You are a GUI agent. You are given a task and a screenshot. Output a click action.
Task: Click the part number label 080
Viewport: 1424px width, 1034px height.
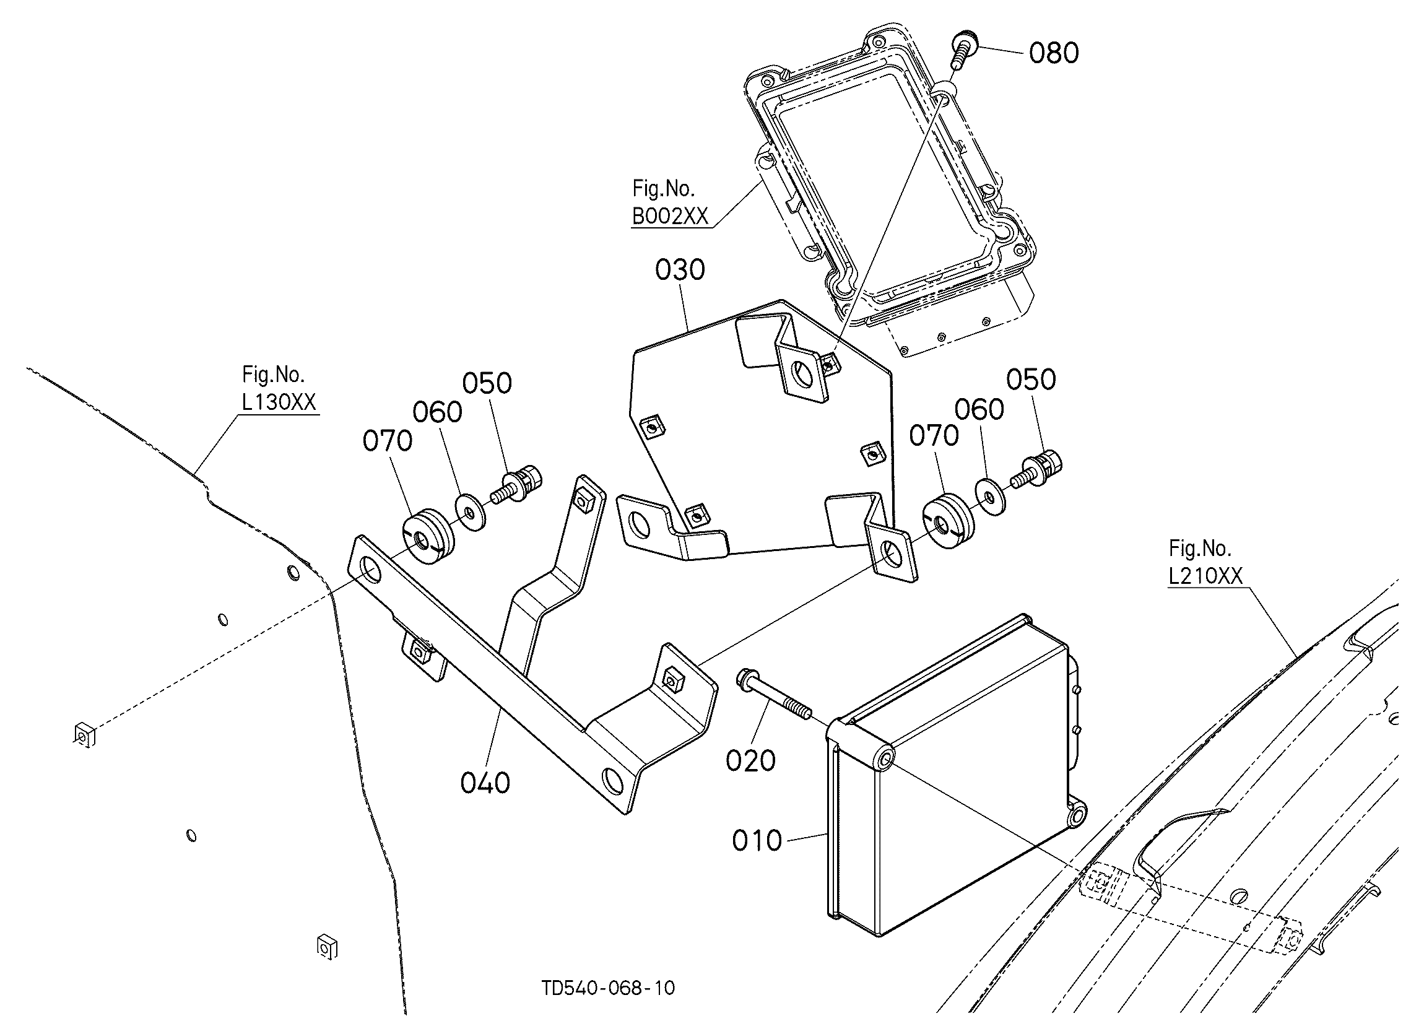[x=1054, y=53]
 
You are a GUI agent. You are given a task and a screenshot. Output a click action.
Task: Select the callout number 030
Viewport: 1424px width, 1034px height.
[x=680, y=270]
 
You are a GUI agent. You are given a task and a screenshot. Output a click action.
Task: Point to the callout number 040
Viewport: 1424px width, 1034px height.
[x=485, y=783]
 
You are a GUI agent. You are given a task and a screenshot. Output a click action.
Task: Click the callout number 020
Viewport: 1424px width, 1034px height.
[x=751, y=761]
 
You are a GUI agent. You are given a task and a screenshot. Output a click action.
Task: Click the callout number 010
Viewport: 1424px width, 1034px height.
[x=757, y=841]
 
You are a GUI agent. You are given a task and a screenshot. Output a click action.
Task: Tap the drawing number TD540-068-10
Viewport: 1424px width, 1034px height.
[x=609, y=988]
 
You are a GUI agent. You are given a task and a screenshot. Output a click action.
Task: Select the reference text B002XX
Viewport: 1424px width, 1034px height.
[x=670, y=217]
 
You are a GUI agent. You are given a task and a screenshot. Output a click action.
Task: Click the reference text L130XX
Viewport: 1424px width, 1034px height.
[x=279, y=402]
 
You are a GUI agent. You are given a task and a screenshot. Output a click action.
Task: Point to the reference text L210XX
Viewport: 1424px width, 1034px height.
[x=1205, y=576]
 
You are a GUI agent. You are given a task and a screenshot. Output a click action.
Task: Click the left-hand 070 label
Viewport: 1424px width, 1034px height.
[x=388, y=441]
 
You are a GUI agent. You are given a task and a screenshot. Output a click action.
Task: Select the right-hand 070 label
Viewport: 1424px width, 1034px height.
[x=934, y=436]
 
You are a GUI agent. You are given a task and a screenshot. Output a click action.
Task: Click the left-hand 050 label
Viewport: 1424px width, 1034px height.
[x=487, y=383]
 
